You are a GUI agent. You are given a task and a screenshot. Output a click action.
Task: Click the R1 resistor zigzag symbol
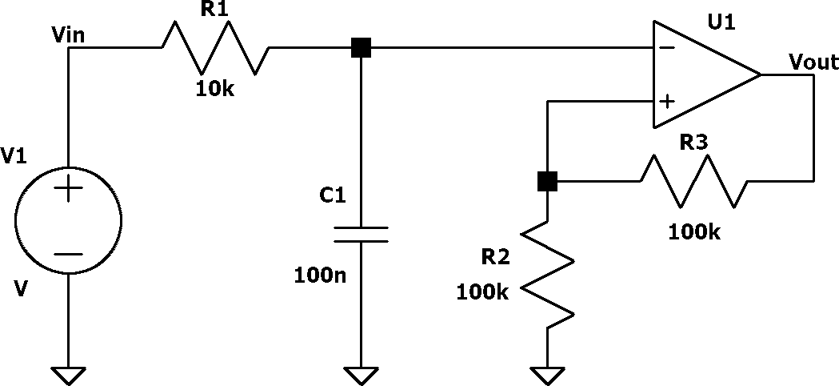tap(216, 48)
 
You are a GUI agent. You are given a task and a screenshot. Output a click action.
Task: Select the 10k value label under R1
tap(214, 89)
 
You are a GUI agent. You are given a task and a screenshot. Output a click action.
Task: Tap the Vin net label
tap(67, 35)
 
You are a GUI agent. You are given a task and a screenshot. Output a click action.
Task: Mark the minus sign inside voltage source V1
tap(69, 254)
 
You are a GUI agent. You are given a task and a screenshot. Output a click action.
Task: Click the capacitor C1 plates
tap(361, 235)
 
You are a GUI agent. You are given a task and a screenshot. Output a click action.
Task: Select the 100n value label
tap(320, 275)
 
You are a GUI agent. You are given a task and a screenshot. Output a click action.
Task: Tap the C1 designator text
tap(333, 195)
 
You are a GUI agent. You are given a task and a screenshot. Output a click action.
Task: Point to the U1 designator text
tap(721, 22)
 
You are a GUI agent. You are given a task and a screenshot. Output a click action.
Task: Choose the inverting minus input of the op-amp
tap(667, 48)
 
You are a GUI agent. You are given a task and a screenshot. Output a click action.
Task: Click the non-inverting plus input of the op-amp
tap(667, 102)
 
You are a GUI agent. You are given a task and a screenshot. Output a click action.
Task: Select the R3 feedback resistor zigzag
tap(694, 181)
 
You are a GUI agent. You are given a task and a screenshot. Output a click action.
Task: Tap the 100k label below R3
tap(694, 233)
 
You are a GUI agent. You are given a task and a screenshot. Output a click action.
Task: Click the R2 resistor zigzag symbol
tap(547, 275)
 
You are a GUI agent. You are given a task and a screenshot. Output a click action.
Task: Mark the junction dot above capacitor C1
tap(361, 48)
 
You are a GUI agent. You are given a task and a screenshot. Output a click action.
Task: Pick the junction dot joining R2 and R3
tap(547, 181)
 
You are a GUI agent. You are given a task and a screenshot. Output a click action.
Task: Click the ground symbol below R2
tap(547, 376)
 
